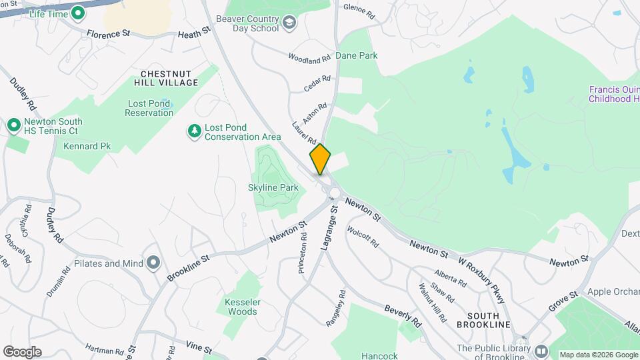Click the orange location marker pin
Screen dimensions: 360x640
tap(320, 159)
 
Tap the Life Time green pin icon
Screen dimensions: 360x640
tap(78, 12)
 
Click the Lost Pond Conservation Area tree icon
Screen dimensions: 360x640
tap(194, 131)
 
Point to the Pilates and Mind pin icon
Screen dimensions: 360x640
tap(154, 263)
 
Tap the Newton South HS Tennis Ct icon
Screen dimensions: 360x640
tap(13, 125)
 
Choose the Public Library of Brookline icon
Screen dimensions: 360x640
tap(541, 351)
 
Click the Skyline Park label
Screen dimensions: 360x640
tap(273, 188)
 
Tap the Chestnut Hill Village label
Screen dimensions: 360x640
tap(169, 77)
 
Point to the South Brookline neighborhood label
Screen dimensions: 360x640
tap(483, 319)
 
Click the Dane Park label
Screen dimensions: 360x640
tap(356, 55)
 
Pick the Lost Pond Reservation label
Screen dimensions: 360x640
tap(149, 108)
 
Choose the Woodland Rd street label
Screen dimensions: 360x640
tap(309, 59)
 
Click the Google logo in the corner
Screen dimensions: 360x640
tap(22, 352)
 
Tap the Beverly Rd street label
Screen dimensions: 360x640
tap(403, 316)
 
